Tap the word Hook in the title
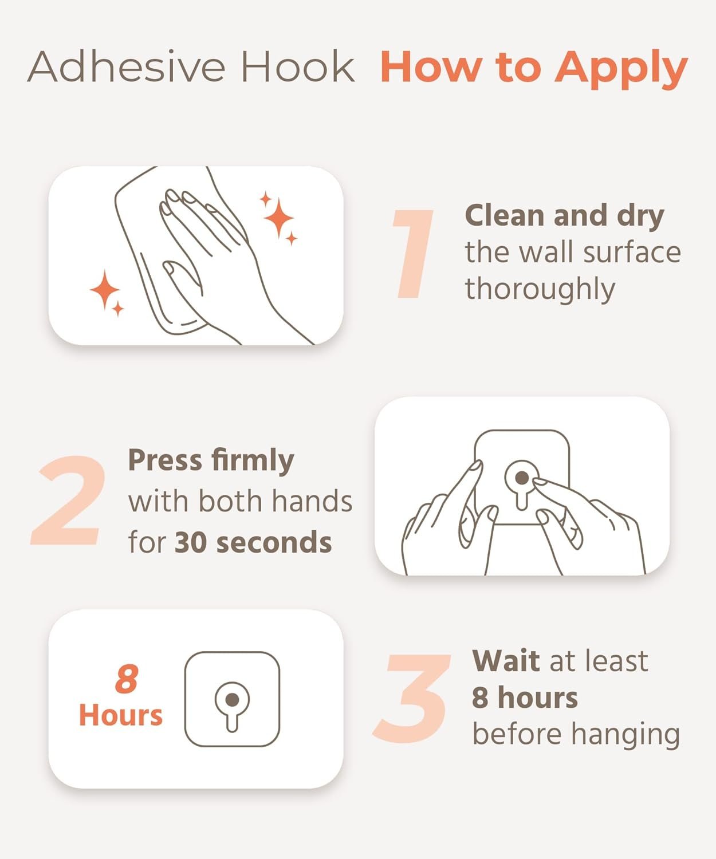[298, 66]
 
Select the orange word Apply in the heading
[621, 69]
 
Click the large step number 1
[413, 253]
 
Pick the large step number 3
[411, 698]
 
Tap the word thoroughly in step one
[540, 290]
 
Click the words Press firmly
[211, 461]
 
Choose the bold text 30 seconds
[253, 542]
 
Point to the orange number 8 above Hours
[127, 679]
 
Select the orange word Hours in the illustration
[120, 715]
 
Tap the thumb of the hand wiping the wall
[183, 280]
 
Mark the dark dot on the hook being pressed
[522, 478]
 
